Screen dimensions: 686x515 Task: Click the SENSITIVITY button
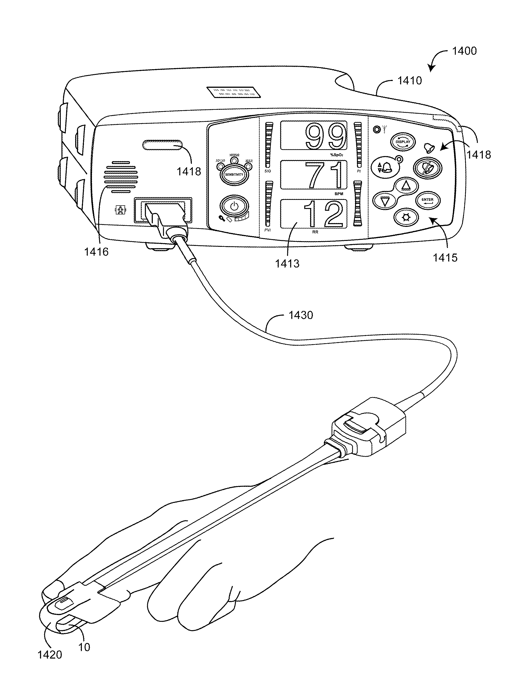coord(234,174)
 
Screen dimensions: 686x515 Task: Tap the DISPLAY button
coord(403,142)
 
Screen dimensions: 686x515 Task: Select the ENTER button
coord(427,200)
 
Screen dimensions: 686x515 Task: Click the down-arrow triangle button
coord(385,202)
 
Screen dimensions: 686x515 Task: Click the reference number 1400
coord(464,51)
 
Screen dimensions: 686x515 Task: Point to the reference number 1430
coord(301,315)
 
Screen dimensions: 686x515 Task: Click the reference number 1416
coord(96,252)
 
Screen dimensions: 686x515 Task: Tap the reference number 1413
coord(287,264)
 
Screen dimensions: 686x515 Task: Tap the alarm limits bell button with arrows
coord(385,167)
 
